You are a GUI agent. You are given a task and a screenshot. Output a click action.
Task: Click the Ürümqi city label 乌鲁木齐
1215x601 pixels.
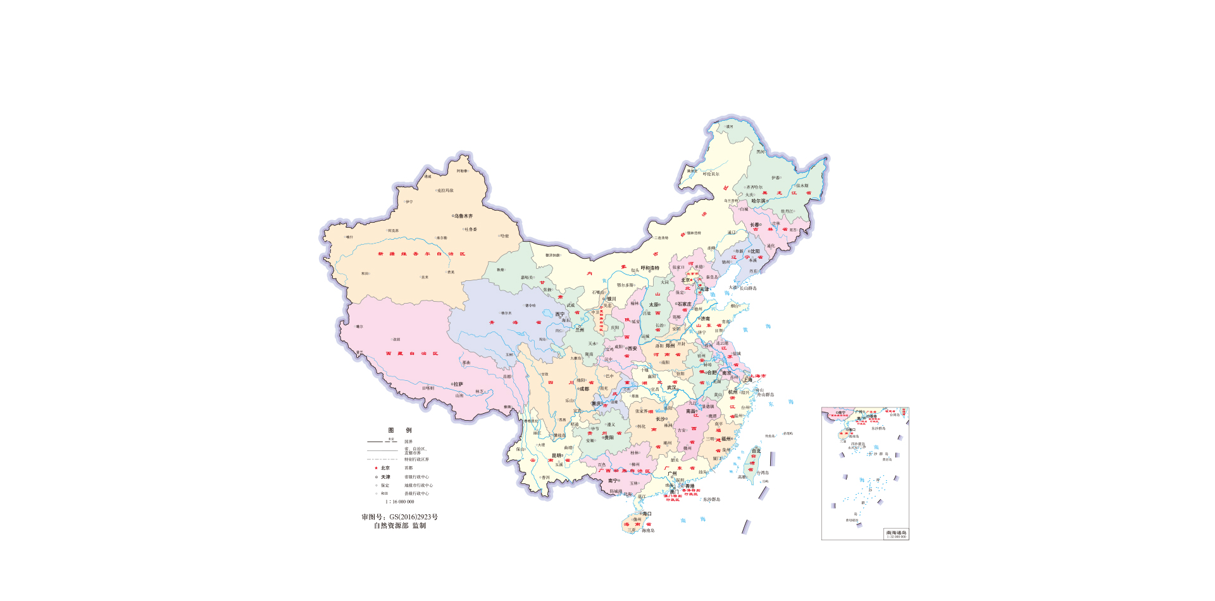(x=464, y=216)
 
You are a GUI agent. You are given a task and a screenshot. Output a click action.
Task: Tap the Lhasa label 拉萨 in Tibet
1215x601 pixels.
(x=458, y=384)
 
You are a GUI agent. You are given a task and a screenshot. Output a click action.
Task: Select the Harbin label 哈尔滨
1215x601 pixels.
(x=758, y=201)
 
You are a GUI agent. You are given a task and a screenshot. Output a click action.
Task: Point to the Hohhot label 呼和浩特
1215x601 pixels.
(x=650, y=268)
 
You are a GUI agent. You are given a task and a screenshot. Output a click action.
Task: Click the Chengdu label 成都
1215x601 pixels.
(x=584, y=389)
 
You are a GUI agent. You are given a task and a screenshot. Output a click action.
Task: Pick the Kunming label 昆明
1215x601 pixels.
(x=557, y=455)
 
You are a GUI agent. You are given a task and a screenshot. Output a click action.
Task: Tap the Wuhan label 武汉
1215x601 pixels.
(x=671, y=387)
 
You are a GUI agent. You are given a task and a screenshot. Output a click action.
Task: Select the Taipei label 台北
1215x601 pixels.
(x=756, y=451)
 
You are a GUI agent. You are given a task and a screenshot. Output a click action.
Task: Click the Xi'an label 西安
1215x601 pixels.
(x=632, y=349)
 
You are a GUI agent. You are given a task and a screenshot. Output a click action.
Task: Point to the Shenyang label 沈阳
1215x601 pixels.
(x=754, y=251)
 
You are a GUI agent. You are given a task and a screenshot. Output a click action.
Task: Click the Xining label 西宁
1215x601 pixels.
(x=560, y=314)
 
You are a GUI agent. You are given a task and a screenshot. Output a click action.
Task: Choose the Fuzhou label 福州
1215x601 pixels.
(x=726, y=438)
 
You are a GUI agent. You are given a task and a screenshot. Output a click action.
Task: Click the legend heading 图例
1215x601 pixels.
(x=399, y=430)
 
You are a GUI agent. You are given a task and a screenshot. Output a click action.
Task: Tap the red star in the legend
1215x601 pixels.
(x=376, y=468)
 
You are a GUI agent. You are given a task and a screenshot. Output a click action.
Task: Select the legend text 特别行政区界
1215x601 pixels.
(x=417, y=459)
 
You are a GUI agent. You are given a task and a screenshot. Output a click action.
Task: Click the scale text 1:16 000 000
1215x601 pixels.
(x=400, y=502)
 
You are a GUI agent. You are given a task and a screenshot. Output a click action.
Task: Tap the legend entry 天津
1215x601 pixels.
(x=385, y=477)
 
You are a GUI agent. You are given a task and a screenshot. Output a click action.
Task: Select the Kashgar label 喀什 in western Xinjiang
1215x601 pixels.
(x=350, y=237)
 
